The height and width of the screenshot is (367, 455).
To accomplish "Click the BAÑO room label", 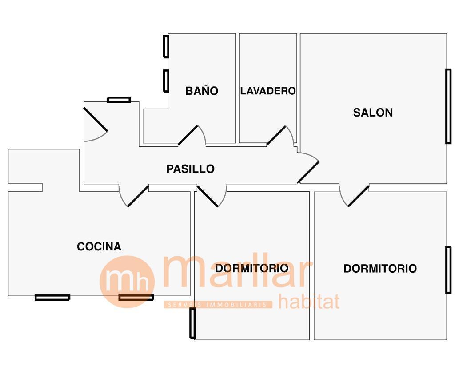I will tap(202, 91).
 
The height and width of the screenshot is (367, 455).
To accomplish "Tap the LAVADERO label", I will tap(268, 91).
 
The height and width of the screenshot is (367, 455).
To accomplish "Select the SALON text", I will tap(373, 113).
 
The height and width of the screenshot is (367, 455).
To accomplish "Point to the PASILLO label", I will tap(190, 169).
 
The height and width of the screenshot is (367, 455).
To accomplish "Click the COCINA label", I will tap(99, 246).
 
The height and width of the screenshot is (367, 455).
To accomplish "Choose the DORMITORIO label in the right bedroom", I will tap(380, 269).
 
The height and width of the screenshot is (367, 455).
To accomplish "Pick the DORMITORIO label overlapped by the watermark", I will tap(251, 268).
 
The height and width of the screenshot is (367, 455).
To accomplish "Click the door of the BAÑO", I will tap(188, 135).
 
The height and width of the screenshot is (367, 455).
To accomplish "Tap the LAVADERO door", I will tap(276, 135).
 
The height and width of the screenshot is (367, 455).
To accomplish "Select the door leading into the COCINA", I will tap(138, 196).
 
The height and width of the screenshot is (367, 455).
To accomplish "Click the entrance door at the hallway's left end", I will tap(96, 119).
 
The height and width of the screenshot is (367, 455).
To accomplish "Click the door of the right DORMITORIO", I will tap(358, 196).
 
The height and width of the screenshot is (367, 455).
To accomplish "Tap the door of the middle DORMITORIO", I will tap(208, 196).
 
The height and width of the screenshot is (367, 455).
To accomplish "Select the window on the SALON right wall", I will tap(448, 106).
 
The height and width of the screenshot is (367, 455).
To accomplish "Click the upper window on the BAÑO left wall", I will tap(166, 46).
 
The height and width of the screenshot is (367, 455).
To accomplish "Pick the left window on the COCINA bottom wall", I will tap(52, 298).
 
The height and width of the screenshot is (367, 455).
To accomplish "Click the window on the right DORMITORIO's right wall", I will tap(448, 270).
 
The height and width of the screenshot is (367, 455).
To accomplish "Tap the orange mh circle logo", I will tap(127, 282).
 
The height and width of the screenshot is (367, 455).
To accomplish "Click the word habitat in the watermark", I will tap(309, 301).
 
